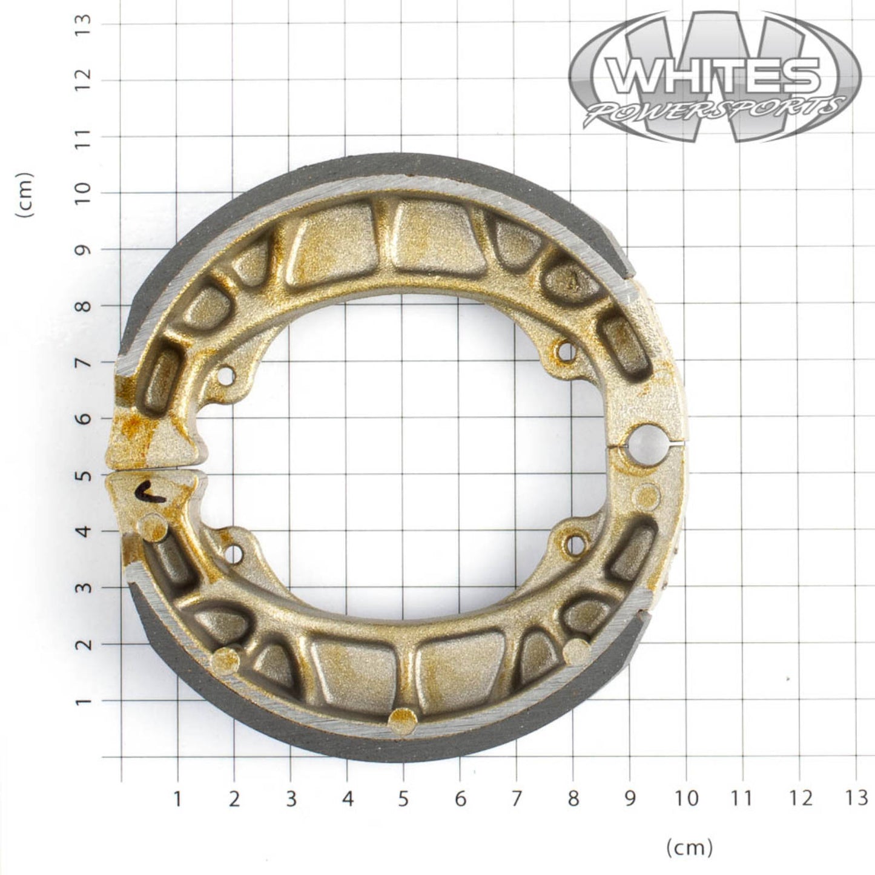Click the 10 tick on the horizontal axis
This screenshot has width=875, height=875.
pyautogui.click(x=686, y=799)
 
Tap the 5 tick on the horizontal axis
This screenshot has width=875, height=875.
pyautogui.click(x=403, y=799)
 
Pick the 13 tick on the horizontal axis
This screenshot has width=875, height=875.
pyautogui.click(x=856, y=799)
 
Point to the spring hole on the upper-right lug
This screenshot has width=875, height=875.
pyautogui.click(x=566, y=351)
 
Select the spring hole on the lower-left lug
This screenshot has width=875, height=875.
pyautogui.click(x=233, y=552)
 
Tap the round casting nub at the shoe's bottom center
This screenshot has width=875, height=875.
pyautogui.click(x=403, y=721)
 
